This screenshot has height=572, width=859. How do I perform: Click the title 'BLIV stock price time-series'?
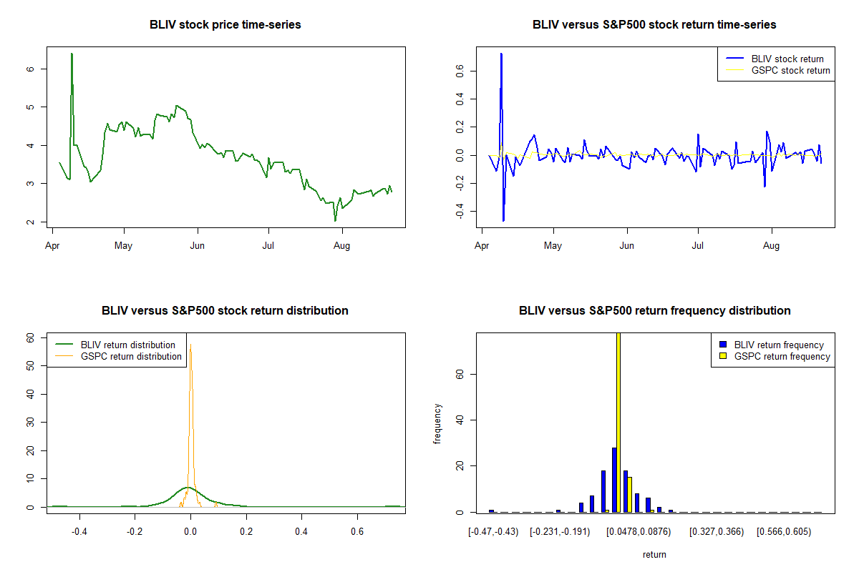pos(225,24)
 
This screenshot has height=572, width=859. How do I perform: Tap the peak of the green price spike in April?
pos(72,54)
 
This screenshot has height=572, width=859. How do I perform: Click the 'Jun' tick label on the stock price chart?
pos(197,245)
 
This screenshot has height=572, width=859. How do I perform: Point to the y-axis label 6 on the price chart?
pos(30,69)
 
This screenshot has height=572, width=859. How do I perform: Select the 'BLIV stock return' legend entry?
pos(775,59)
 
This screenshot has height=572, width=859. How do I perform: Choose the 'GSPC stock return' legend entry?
pos(777,71)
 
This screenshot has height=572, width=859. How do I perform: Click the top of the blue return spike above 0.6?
pos(501,54)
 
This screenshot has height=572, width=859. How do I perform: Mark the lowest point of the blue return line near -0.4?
pos(503,221)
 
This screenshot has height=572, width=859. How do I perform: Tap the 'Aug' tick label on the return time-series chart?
pos(771,245)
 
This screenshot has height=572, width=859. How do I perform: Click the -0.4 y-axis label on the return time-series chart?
pos(460,211)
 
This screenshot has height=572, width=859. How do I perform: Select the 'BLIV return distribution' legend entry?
pos(115,345)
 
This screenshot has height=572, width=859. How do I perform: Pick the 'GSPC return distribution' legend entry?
pos(118,356)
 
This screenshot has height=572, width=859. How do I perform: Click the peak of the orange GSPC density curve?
pos(190,345)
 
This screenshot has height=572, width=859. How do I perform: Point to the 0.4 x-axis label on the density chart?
pos(301,531)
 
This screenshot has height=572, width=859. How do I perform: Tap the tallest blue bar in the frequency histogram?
pos(614,480)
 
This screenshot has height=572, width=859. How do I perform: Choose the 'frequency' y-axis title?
pos(437,423)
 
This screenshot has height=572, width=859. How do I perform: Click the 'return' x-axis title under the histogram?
pos(654,554)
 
